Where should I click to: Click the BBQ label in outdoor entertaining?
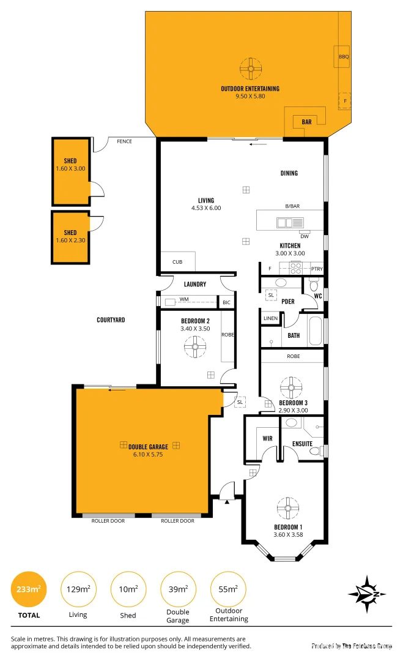click(x=343, y=57)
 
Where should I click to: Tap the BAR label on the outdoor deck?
click(x=306, y=122)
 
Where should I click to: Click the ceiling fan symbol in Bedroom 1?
click(x=287, y=507)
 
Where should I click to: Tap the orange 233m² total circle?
click(x=29, y=590)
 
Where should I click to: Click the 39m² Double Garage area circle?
click(x=178, y=590)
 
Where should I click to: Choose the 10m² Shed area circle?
click(x=128, y=590)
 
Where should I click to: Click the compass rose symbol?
click(x=366, y=594)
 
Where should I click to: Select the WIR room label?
click(x=267, y=439)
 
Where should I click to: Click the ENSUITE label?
click(x=302, y=443)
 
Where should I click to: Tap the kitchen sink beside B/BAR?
click(x=286, y=223)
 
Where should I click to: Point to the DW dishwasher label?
click(x=304, y=236)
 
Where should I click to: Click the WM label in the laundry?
click(x=183, y=300)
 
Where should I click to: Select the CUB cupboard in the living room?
click(x=177, y=261)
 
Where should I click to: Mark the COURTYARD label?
click(x=111, y=319)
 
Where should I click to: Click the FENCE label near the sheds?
click(x=125, y=141)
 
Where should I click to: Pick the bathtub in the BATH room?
click(x=315, y=330)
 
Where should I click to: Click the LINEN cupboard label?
click(x=270, y=318)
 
